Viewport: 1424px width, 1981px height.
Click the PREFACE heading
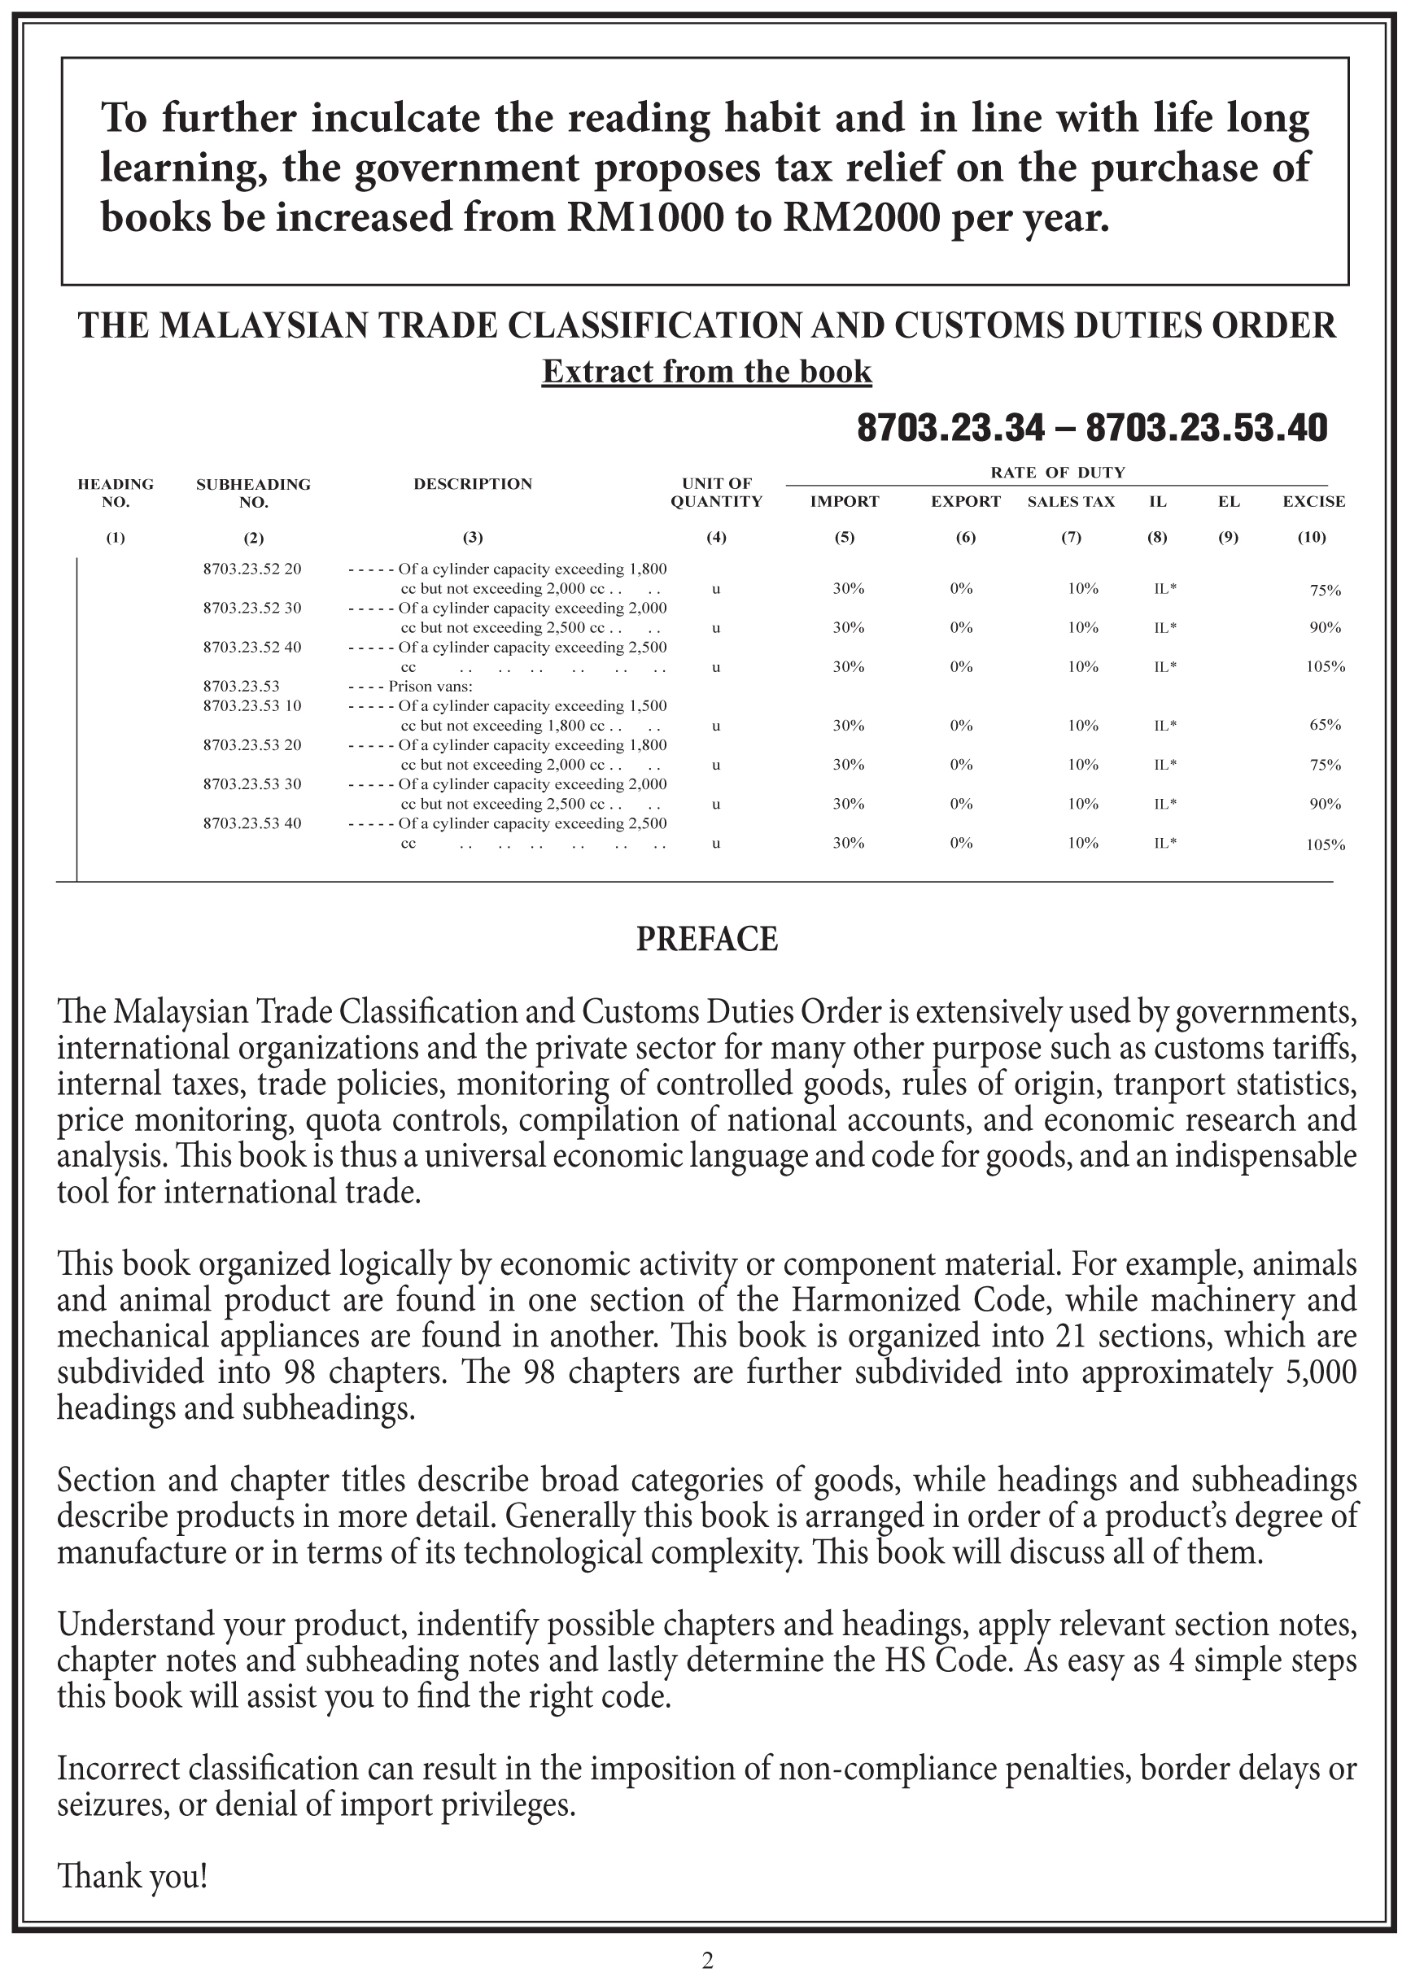coord(707,939)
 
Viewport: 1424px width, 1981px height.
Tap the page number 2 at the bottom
coord(708,1961)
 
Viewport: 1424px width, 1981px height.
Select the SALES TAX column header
coord(1071,501)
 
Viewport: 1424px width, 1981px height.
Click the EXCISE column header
coord(1313,501)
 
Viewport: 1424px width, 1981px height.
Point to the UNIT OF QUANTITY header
coord(716,493)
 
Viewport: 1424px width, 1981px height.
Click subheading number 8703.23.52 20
coord(251,569)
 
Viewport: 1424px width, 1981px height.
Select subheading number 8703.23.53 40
coord(251,823)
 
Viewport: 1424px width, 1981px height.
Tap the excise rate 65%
coord(1325,725)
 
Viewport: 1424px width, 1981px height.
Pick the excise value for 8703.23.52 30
coord(1325,628)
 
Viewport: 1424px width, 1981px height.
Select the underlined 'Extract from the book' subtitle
coord(707,372)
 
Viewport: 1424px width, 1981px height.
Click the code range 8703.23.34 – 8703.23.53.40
coord(1092,428)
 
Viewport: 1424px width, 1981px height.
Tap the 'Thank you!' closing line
coord(133,1875)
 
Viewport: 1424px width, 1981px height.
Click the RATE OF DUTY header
coord(1057,473)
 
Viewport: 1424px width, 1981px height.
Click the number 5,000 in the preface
coord(1321,1372)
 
